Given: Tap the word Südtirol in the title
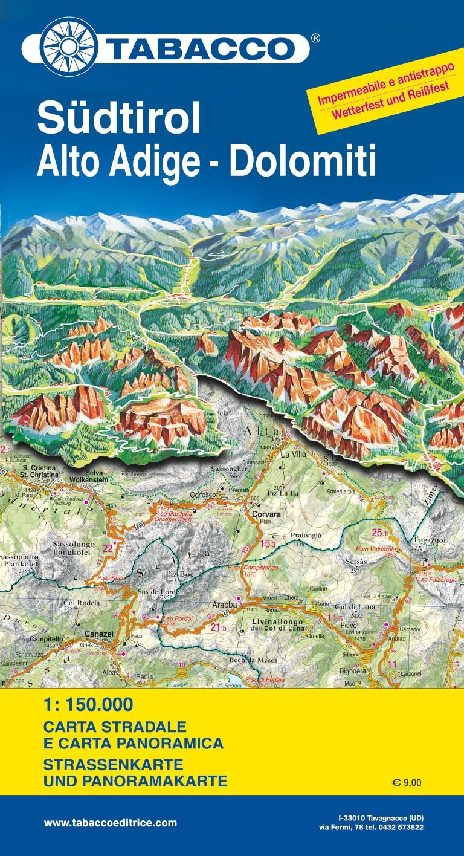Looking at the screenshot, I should [118, 119].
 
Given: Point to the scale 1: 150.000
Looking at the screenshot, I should [88, 705].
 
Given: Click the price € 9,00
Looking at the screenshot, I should [407, 783].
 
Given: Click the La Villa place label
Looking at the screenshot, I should [294, 453].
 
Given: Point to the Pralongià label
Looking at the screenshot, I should [306, 536].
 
